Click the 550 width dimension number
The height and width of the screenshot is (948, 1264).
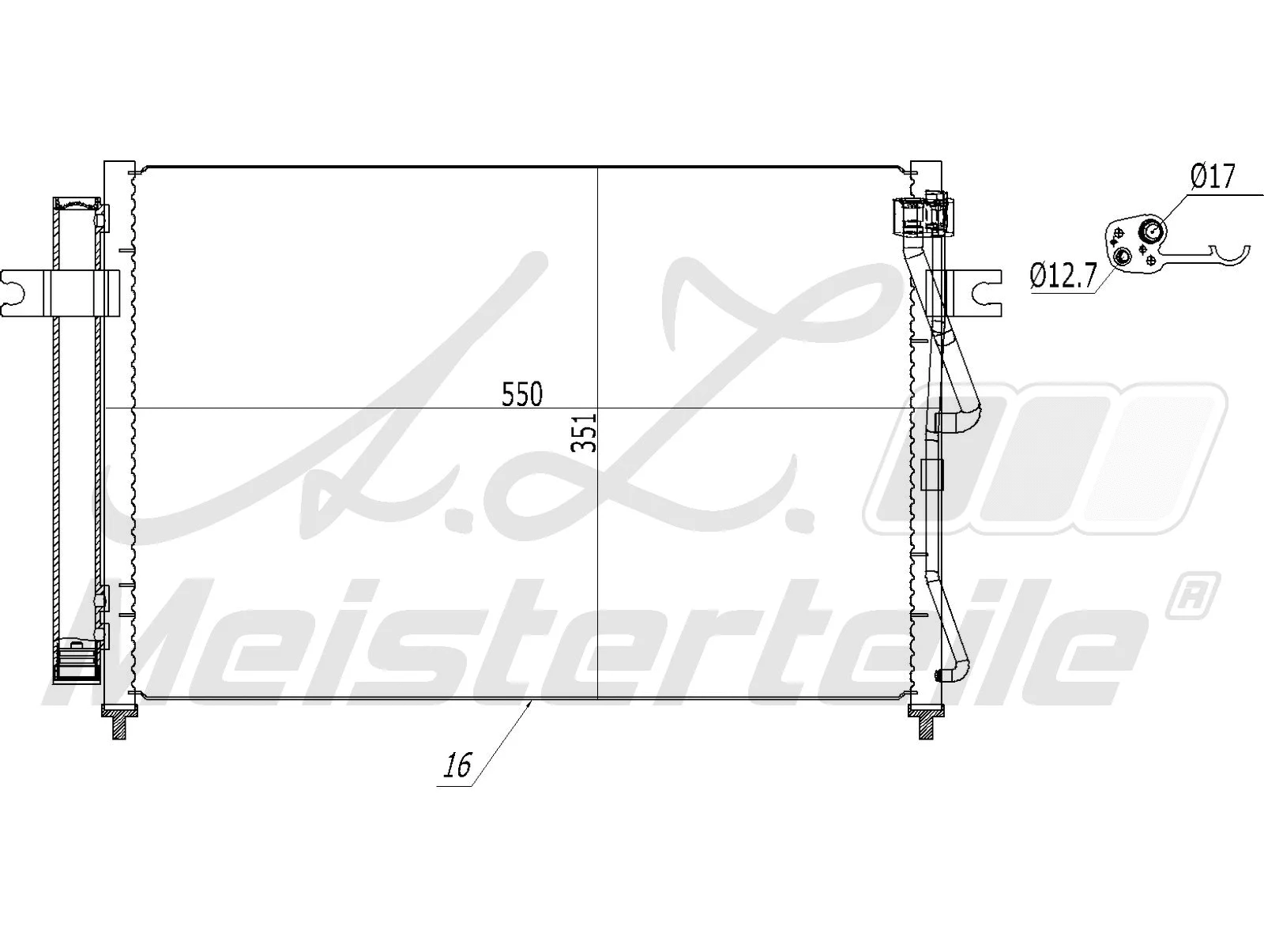(522, 393)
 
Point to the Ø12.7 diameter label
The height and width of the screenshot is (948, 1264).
(1063, 276)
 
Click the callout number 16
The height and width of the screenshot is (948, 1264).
(457, 765)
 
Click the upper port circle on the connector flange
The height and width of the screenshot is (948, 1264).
(1151, 231)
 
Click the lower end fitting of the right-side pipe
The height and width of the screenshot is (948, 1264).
(942, 675)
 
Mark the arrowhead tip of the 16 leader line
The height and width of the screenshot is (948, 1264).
(530, 701)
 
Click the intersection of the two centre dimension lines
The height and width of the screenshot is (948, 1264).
(598, 408)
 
